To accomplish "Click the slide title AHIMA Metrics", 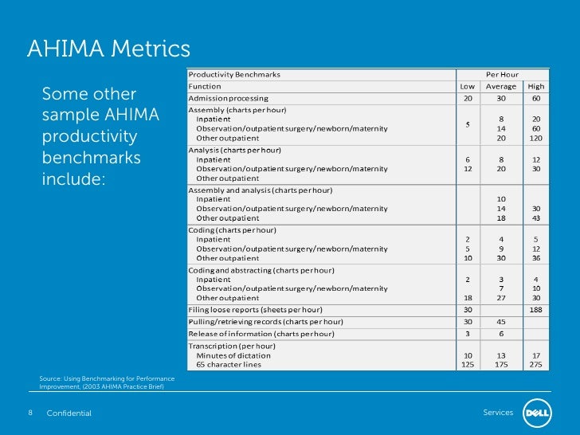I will coord(108,49).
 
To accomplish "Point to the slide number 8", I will coord(30,413).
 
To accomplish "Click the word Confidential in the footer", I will coord(69,413).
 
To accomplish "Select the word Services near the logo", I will coord(498,413).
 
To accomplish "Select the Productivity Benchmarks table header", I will coord(234,74).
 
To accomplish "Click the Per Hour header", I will coord(502,74).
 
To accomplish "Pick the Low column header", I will coord(467,86).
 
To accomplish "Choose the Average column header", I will coord(501,86).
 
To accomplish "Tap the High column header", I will coord(536,86).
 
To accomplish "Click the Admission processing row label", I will coord(228,98).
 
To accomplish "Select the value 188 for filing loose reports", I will coord(536,309).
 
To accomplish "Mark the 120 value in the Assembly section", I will coord(536,138).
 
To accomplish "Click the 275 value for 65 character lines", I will coord(536,365).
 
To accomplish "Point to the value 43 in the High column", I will coord(536,217).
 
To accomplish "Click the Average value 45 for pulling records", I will coord(501,321).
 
